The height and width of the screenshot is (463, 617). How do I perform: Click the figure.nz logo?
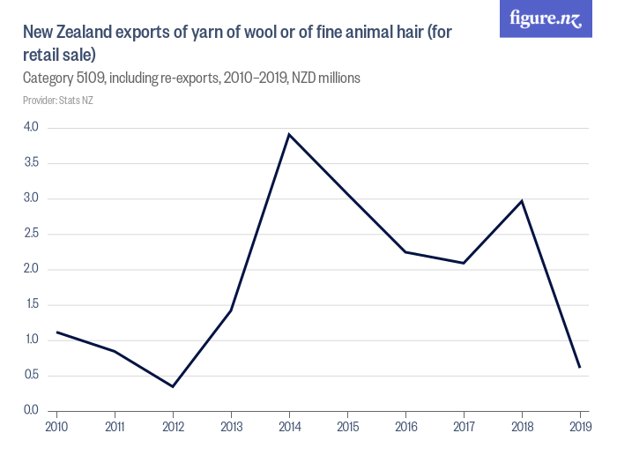(546, 19)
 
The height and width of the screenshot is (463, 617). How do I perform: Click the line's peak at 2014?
(289, 134)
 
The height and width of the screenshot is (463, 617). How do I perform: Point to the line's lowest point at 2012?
(173, 386)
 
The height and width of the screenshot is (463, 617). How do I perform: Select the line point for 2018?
(522, 201)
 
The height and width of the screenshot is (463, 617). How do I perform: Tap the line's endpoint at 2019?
(579, 367)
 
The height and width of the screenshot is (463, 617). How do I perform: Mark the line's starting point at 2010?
(57, 332)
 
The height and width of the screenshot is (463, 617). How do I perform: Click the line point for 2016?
(405, 252)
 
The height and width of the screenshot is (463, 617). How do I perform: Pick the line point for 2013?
(231, 310)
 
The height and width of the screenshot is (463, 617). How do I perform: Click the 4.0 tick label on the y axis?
(32, 128)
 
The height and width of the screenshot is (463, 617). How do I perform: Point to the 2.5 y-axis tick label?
(32, 234)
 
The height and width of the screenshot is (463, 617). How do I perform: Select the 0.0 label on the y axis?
(32, 410)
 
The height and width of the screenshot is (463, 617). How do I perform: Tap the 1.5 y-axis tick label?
(32, 304)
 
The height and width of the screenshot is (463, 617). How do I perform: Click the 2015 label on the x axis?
(347, 427)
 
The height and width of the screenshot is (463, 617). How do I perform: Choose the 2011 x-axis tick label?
(115, 427)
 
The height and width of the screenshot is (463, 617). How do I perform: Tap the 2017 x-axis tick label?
(464, 427)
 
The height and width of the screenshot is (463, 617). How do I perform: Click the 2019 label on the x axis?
(579, 427)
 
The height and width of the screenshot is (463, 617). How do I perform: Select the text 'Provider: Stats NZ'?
(58, 101)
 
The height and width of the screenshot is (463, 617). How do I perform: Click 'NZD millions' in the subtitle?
(323, 78)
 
